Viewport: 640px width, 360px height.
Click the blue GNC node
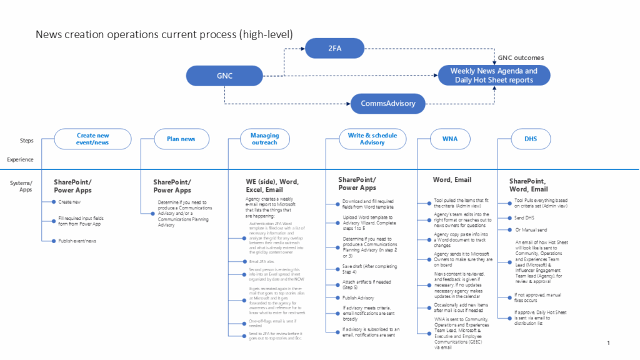(x=224, y=76)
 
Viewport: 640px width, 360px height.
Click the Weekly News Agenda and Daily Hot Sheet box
(x=494, y=75)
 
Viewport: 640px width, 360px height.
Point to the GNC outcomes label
(x=521, y=57)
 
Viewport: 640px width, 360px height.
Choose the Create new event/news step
(x=93, y=139)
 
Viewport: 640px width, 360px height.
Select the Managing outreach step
(x=264, y=139)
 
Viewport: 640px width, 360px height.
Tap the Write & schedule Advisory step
(x=372, y=139)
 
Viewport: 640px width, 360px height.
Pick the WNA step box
(x=449, y=139)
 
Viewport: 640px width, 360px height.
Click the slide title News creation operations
(x=164, y=34)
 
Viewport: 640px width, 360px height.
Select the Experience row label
(x=20, y=159)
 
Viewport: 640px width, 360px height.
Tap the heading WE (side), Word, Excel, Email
(x=272, y=186)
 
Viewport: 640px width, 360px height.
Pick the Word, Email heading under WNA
(x=452, y=180)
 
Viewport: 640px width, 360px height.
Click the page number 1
(x=608, y=343)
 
